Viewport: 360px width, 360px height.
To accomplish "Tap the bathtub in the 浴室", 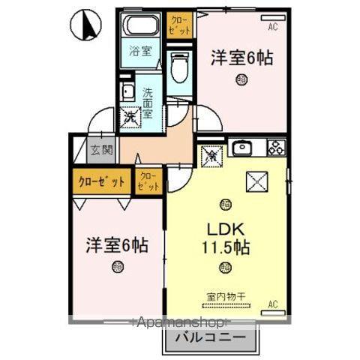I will (x=140, y=26).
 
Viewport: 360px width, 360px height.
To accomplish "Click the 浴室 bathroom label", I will (x=140, y=52).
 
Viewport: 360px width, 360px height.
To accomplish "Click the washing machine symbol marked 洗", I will (x=130, y=117).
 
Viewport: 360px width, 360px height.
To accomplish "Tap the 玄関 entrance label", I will (x=101, y=150).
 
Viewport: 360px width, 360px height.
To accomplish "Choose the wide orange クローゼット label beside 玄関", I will (x=101, y=181).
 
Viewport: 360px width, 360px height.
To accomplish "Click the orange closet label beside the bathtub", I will (x=180, y=22).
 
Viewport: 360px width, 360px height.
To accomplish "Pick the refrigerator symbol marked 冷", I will (x=212, y=156).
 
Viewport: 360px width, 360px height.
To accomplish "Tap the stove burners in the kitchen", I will (x=275, y=148).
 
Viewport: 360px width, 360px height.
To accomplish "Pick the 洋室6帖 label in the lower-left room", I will (x=116, y=244).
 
